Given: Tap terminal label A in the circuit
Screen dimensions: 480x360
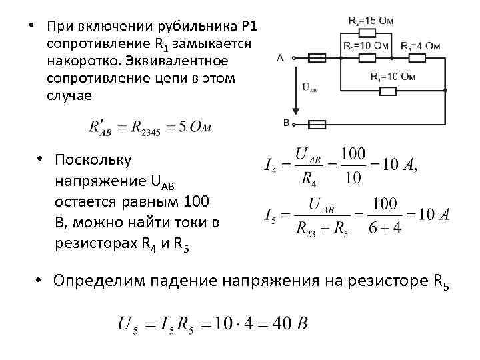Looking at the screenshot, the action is pos(280,58).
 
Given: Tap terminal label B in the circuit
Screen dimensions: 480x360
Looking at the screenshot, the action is pos(285,123).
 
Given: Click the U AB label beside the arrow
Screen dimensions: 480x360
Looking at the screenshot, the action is pos(310,87).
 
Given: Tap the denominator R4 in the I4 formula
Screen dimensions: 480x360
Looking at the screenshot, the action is pos(308,178).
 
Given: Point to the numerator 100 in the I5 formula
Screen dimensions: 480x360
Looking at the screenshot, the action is pos(384,202).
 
